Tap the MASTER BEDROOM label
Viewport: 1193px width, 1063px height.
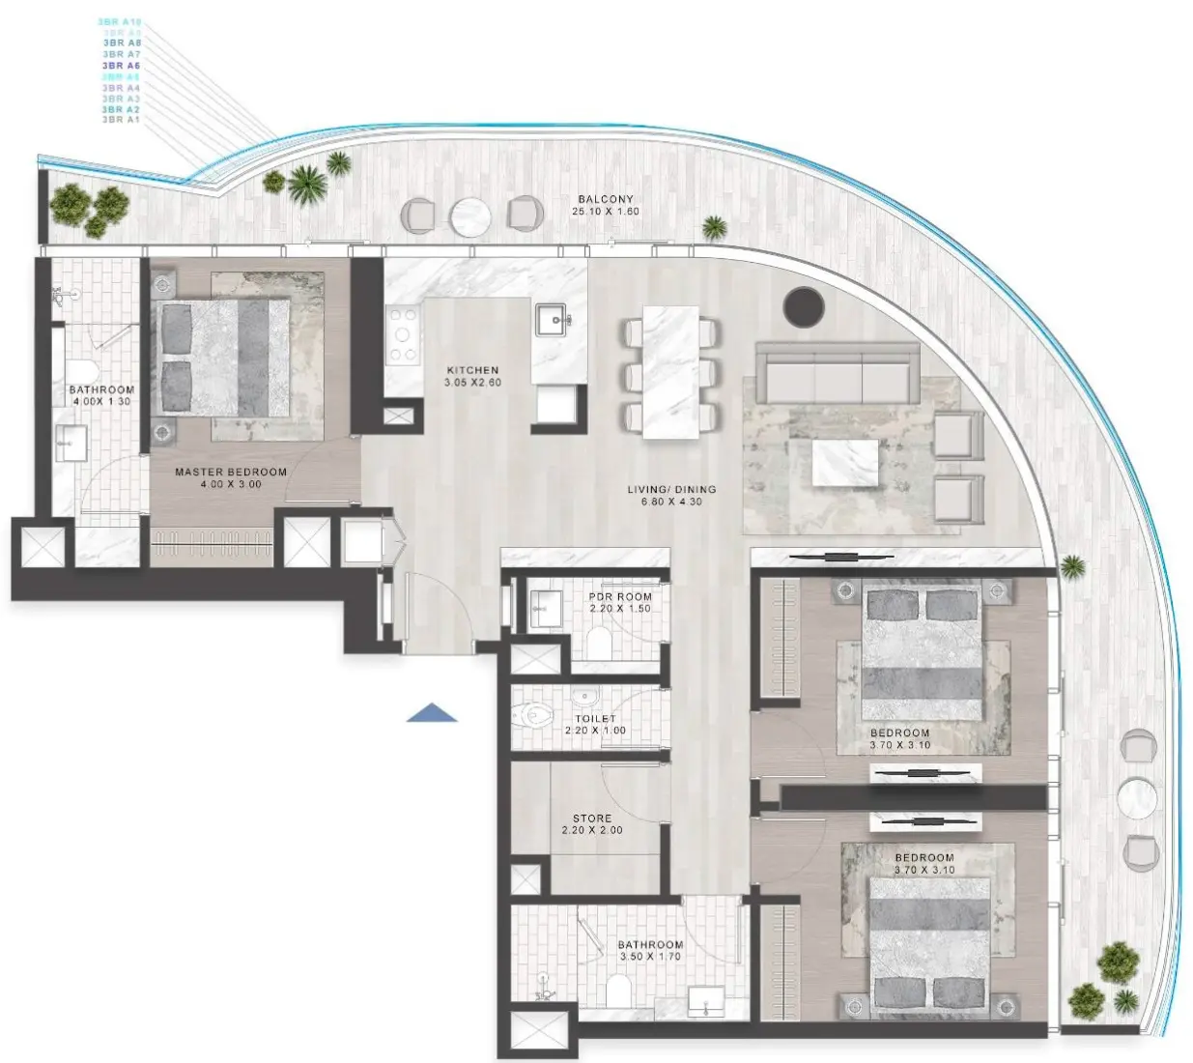coord(231,473)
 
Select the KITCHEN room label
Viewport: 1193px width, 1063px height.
coord(472,370)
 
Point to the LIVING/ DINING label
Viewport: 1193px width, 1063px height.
coord(671,490)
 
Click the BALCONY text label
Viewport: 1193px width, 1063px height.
coord(606,199)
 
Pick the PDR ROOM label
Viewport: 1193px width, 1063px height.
coord(620,597)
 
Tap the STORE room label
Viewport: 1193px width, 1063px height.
coord(592,819)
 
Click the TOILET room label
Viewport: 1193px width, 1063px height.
coord(595,719)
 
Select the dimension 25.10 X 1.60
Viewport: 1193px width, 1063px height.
coord(606,212)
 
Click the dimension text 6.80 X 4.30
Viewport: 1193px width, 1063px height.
coord(671,503)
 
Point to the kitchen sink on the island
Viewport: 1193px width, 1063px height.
coord(552,318)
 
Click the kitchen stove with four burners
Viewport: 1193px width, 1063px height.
coord(403,334)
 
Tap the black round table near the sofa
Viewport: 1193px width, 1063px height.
coord(804,306)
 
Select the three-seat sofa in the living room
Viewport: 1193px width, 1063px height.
coord(837,371)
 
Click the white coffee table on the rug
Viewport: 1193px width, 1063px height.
coord(845,463)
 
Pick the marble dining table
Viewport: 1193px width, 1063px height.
coord(671,372)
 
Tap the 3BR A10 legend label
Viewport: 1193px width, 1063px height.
coord(120,21)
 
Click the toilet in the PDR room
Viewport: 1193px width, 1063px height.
coord(599,642)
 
